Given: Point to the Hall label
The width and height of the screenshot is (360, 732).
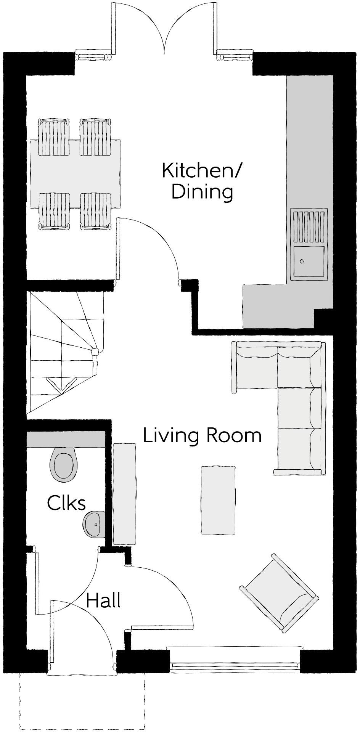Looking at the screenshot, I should pyautogui.click(x=103, y=600).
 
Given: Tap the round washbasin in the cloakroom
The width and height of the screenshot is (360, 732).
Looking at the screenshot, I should pyautogui.click(x=93, y=524).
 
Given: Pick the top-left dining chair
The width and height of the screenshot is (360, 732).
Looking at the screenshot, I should pyautogui.click(x=55, y=136).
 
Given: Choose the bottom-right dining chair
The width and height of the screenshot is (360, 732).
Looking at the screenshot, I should pyautogui.click(x=96, y=211).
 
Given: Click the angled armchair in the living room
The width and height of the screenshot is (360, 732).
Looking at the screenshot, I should pyautogui.click(x=278, y=594).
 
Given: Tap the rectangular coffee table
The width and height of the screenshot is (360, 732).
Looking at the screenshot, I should pyautogui.click(x=218, y=499).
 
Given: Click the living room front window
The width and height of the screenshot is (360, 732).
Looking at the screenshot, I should pyautogui.click(x=235, y=666).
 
